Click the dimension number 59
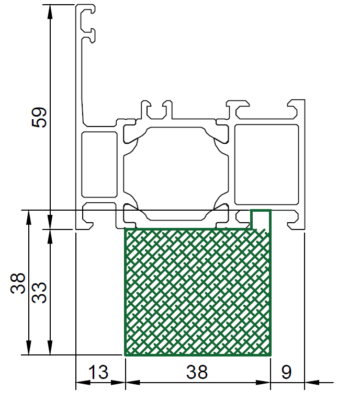point(39,118)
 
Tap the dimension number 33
point(39,293)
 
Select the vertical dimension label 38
point(18,283)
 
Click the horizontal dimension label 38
point(197,372)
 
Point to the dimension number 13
point(98,372)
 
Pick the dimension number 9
point(286,372)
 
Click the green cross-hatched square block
point(198,292)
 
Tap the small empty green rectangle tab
point(261,219)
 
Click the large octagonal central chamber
point(176,174)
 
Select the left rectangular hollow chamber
point(99,165)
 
